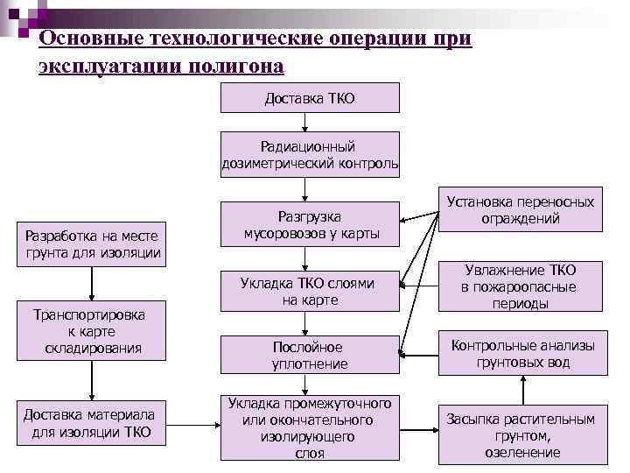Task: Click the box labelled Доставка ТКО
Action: click(x=310, y=97)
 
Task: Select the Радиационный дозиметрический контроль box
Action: click(x=310, y=154)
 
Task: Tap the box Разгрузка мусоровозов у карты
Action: click(x=310, y=224)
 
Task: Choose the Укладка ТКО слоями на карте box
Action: click(x=310, y=291)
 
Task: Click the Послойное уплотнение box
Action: click(x=310, y=355)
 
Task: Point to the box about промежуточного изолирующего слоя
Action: click(x=310, y=427)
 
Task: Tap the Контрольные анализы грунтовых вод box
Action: click(x=522, y=353)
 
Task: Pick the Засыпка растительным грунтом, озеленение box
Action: click(x=522, y=434)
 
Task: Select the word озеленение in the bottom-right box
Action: click(x=522, y=452)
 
